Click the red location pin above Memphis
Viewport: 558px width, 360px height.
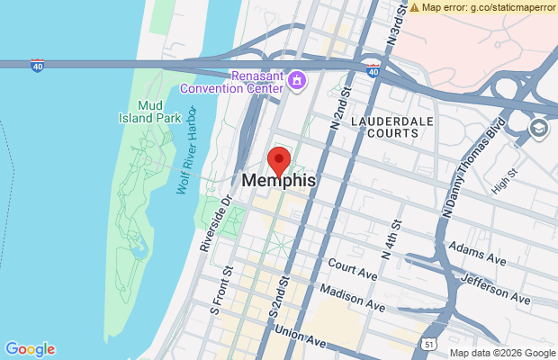[279, 161]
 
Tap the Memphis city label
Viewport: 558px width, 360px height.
[279, 181]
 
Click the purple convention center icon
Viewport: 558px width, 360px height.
[294, 80]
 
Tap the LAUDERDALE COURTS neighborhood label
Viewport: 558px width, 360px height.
[385, 126]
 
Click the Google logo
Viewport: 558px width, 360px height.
[30, 349]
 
